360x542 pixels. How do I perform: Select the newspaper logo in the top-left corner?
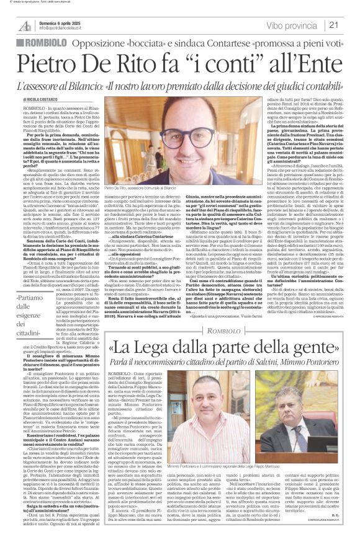pyautogui.click(x=24, y=25)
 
